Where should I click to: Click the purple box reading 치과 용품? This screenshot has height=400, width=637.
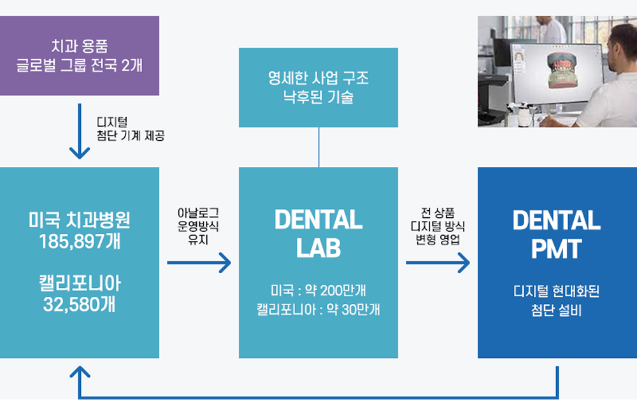pos(79,55)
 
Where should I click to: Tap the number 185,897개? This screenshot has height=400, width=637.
pos(80,241)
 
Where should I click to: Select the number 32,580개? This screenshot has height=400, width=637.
pos(80,304)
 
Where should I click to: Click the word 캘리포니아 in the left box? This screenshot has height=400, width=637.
pos(80,283)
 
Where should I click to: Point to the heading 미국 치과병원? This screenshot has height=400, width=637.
pos(80,220)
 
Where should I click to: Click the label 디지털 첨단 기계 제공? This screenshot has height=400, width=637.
pos(131,129)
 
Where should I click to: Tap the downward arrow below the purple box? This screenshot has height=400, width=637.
pos(80,131)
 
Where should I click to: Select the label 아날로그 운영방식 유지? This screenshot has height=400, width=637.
pos(198,226)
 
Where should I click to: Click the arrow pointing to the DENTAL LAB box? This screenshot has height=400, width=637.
pos(199,263)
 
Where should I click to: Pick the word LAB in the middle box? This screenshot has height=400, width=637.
pos(318,248)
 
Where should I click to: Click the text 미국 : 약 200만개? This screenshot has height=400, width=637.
pos(318,290)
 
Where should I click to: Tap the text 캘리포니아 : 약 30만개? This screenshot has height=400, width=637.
pos(318,310)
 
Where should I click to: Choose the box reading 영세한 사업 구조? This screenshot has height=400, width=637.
pos(318,87)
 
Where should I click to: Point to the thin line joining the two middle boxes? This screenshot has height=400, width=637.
pos(319,147)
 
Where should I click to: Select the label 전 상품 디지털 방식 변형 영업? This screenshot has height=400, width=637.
pos(438,226)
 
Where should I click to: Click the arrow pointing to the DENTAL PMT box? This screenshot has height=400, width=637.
pos(438,263)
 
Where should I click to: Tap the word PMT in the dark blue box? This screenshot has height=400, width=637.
pos(557,248)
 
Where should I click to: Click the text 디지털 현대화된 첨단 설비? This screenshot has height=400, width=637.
pos(557,301)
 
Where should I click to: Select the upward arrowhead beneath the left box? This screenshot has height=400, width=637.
pos(80,371)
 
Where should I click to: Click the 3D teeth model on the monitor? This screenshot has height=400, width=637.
pos(562,70)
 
